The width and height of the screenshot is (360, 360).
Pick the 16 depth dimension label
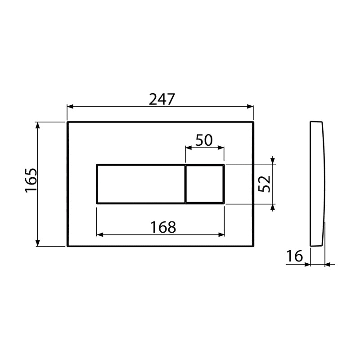[x=295, y=256]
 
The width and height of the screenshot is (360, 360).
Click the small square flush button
[x=204, y=184]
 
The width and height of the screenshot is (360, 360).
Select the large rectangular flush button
[x=140, y=184]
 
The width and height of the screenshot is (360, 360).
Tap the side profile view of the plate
[x=317, y=184]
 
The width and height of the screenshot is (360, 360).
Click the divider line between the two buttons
[x=185, y=184]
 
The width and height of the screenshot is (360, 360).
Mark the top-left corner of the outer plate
[x=67, y=122]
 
